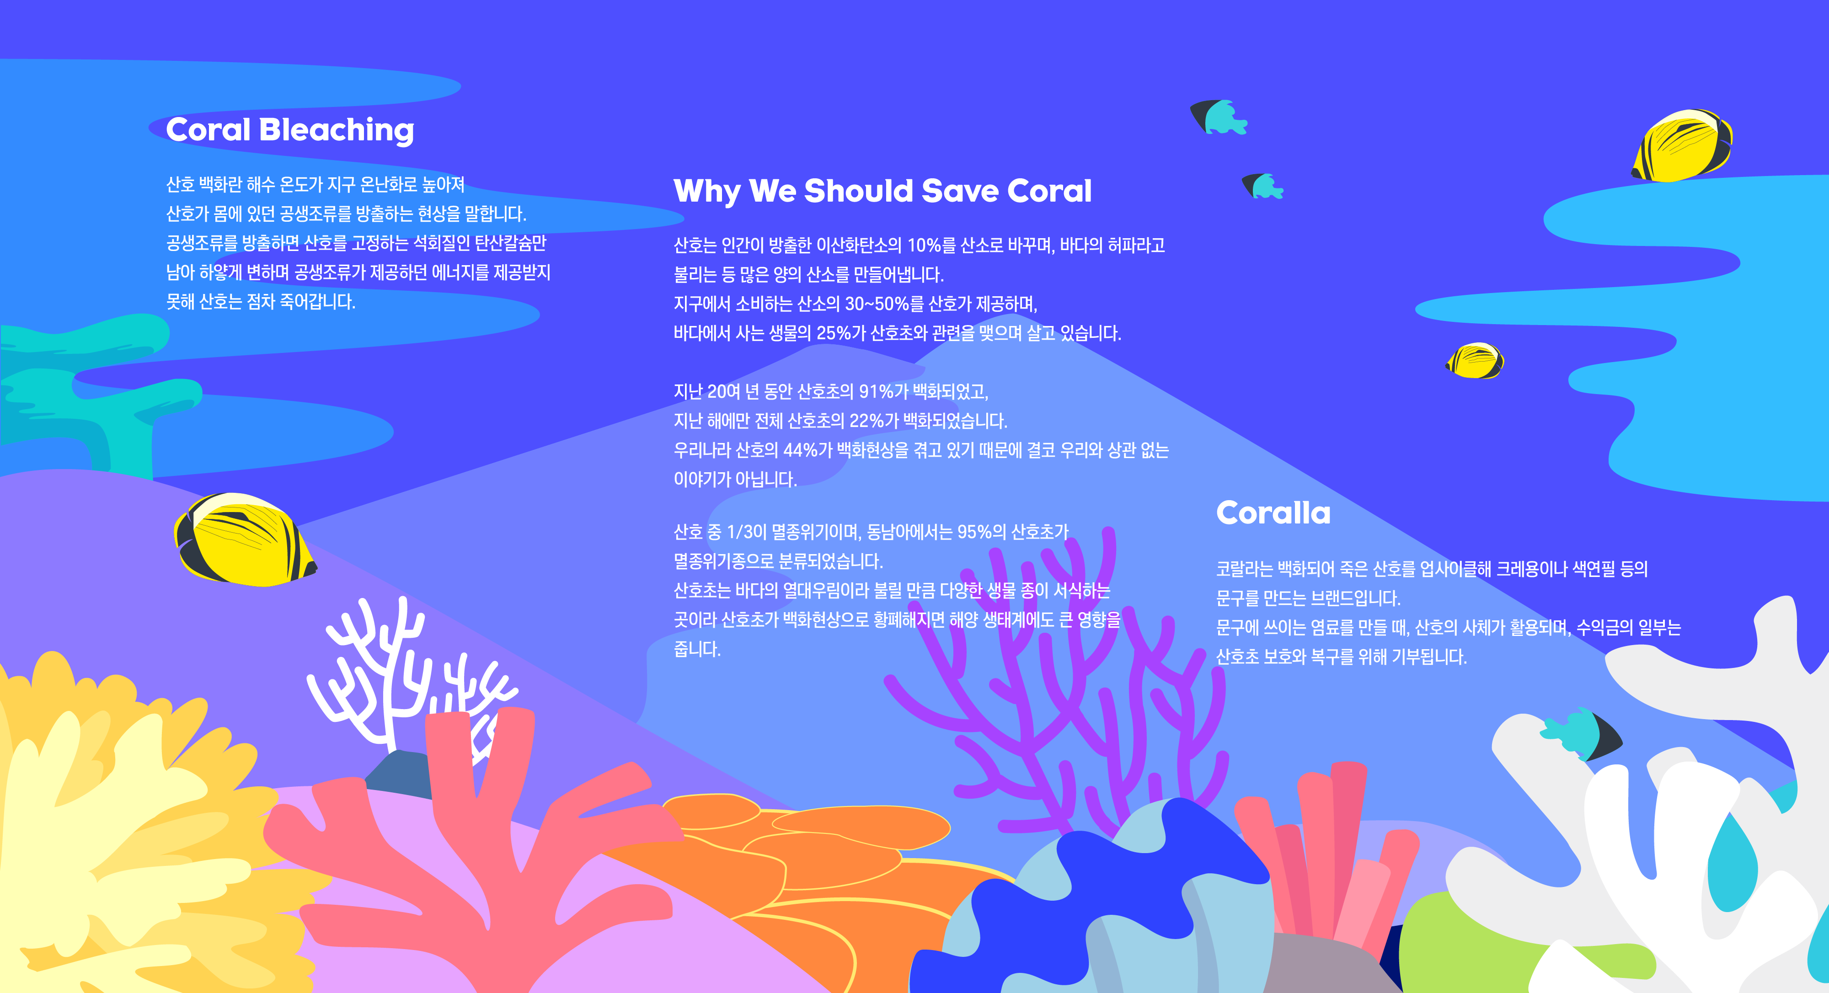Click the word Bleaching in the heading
coord(337,131)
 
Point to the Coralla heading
coord(1273,513)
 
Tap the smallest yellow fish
coord(1475,361)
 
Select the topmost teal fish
coord(1219,117)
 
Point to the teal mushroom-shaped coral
coord(92,390)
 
